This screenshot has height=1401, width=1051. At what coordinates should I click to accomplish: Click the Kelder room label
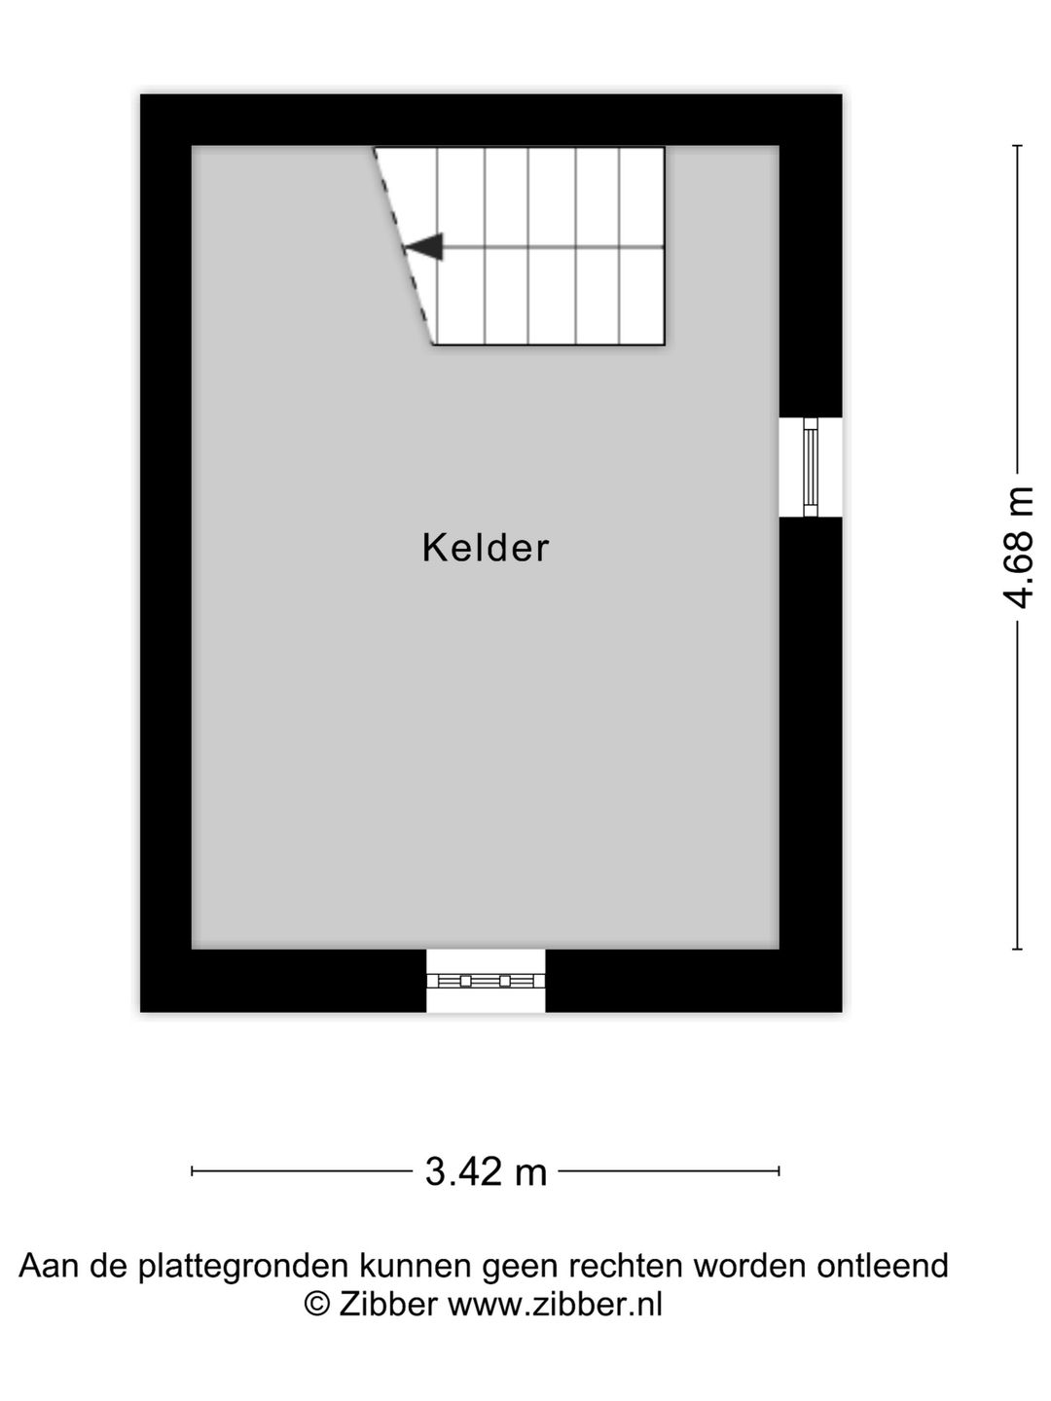tap(486, 548)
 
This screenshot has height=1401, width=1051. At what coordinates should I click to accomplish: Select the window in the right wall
tap(810, 467)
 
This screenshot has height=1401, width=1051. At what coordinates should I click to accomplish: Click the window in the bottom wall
tap(486, 980)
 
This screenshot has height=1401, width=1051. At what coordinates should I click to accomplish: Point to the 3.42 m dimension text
tap(486, 1171)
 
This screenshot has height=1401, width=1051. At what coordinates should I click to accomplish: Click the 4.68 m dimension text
tap(1018, 548)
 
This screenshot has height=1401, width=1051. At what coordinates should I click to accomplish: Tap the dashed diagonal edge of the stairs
tap(403, 245)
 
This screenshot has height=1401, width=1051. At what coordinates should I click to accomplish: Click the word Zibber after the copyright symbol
tap(387, 1304)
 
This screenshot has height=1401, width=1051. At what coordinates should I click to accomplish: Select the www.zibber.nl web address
tap(555, 1304)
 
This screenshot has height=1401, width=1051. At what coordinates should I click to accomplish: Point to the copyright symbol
tap(317, 1304)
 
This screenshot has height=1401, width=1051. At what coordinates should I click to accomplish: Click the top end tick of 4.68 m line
tap(1018, 146)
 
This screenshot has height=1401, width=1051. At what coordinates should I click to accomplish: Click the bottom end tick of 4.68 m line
tap(1018, 949)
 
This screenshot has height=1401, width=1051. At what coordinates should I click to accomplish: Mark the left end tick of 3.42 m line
tap(193, 1171)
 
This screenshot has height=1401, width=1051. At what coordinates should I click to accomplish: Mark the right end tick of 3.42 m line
tap(779, 1171)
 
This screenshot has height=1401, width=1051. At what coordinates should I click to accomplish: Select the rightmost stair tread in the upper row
tap(642, 197)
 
